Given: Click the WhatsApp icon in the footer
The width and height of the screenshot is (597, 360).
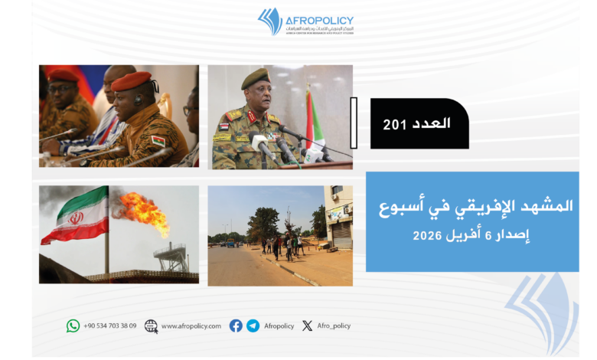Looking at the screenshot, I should (73, 326).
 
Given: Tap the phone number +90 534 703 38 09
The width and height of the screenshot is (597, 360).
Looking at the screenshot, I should (110, 326).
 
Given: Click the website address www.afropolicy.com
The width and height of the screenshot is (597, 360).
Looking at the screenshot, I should (191, 326).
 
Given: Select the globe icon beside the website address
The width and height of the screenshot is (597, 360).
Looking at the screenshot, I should (151, 326).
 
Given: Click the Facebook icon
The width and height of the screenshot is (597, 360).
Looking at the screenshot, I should (236, 326).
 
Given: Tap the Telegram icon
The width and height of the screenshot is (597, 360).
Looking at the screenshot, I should (253, 326).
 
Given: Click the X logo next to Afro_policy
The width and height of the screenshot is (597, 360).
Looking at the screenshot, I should (307, 326).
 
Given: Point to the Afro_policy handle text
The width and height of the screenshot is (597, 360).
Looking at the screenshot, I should (332, 326).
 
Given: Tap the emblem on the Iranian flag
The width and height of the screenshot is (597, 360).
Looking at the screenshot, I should (76, 218).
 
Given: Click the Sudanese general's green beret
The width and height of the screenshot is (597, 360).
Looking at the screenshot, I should (256, 78).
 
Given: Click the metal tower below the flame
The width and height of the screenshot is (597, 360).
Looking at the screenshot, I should (169, 256).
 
